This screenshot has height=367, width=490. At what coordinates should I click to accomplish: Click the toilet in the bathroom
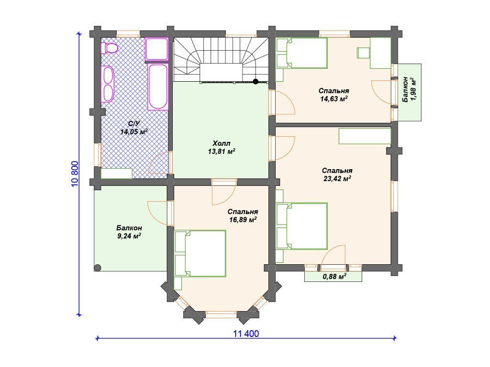(110, 48)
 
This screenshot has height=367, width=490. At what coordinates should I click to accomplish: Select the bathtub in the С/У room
(158, 86)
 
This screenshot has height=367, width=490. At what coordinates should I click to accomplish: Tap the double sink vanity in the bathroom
(107, 84)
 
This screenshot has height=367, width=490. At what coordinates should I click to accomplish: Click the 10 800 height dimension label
(75, 174)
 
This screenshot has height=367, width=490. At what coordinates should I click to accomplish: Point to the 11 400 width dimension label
(246, 334)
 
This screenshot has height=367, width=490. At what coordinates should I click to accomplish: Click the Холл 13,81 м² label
(222, 148)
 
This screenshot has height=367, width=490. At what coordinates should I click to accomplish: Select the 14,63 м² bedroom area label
(334, 99)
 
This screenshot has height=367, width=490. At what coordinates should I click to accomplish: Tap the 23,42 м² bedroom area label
(337, 179)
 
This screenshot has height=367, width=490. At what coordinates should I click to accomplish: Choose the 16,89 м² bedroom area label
(243, 220)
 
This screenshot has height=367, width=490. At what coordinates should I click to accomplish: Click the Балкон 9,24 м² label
(129, 232)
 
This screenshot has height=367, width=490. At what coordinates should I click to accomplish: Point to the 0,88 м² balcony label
(334, 277)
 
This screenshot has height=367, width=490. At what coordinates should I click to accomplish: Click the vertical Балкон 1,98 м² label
(410, 89)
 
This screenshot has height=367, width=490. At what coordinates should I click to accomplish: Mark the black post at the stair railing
(256, 82)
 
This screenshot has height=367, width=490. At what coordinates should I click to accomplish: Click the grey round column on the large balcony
(98, 268)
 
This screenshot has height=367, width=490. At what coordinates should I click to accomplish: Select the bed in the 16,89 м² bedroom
(200, 253)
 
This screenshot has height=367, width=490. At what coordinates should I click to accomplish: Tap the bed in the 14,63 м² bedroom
(302, 53)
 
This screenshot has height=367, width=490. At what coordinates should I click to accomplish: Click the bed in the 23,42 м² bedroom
(302, 226)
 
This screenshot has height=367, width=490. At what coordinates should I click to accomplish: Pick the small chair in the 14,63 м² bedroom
(364, 53)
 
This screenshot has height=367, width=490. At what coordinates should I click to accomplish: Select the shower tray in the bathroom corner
(157, 49)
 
